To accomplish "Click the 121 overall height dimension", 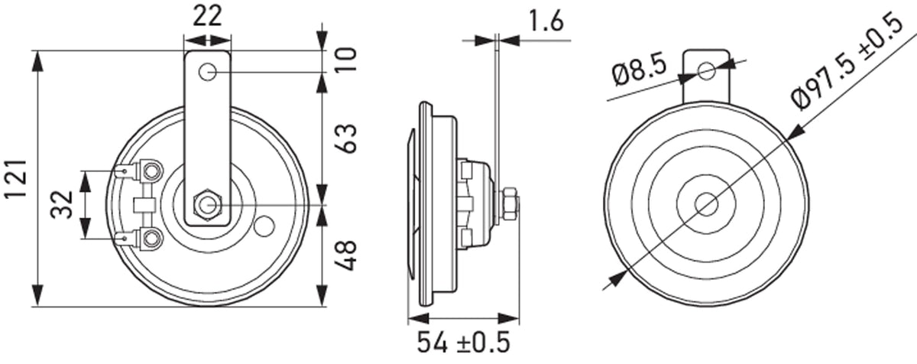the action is coord(16,178).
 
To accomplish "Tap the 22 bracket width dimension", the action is coord(207,16).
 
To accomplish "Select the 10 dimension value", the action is coord(346,60).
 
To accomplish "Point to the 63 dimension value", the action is coord(346,138).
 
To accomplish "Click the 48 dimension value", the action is coord(346,255).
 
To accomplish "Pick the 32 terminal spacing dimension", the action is coord(61,204).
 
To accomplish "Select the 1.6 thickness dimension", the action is coord(546,21).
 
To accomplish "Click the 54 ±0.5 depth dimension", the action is coord(463,342).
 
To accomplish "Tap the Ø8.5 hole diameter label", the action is coord(639,73).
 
